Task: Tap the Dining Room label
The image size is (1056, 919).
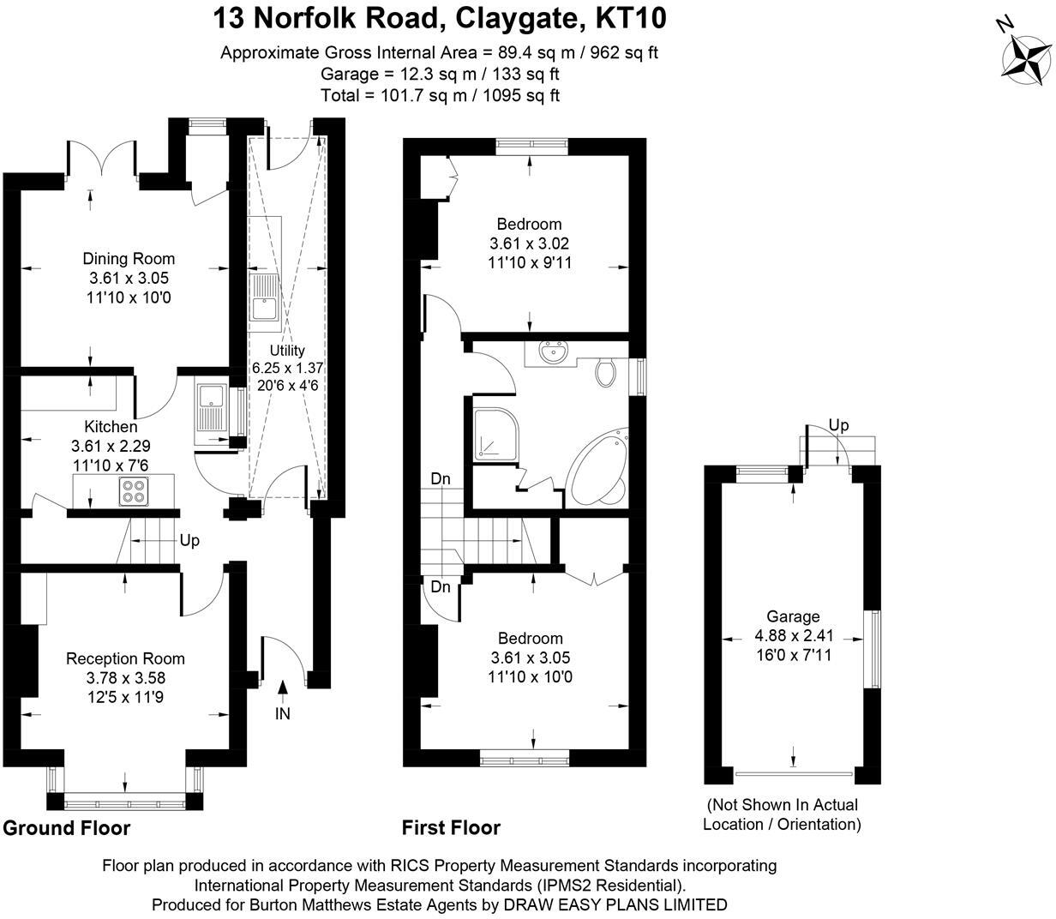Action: (x=129, y=258)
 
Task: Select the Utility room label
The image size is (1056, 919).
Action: (x=286, y=350)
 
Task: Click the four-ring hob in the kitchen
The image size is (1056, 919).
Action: (x=133, y=490)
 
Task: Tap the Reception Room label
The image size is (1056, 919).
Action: (x=125, y=658)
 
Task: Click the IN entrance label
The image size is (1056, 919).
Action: (x=283, y=713)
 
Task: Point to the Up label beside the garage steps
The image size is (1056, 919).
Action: (x=838, y=425)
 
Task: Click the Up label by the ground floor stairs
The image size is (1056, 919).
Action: (x=190, y=542)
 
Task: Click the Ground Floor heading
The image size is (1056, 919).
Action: (x=67, y=827)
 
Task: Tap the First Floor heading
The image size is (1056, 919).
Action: (x=451, y=827)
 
